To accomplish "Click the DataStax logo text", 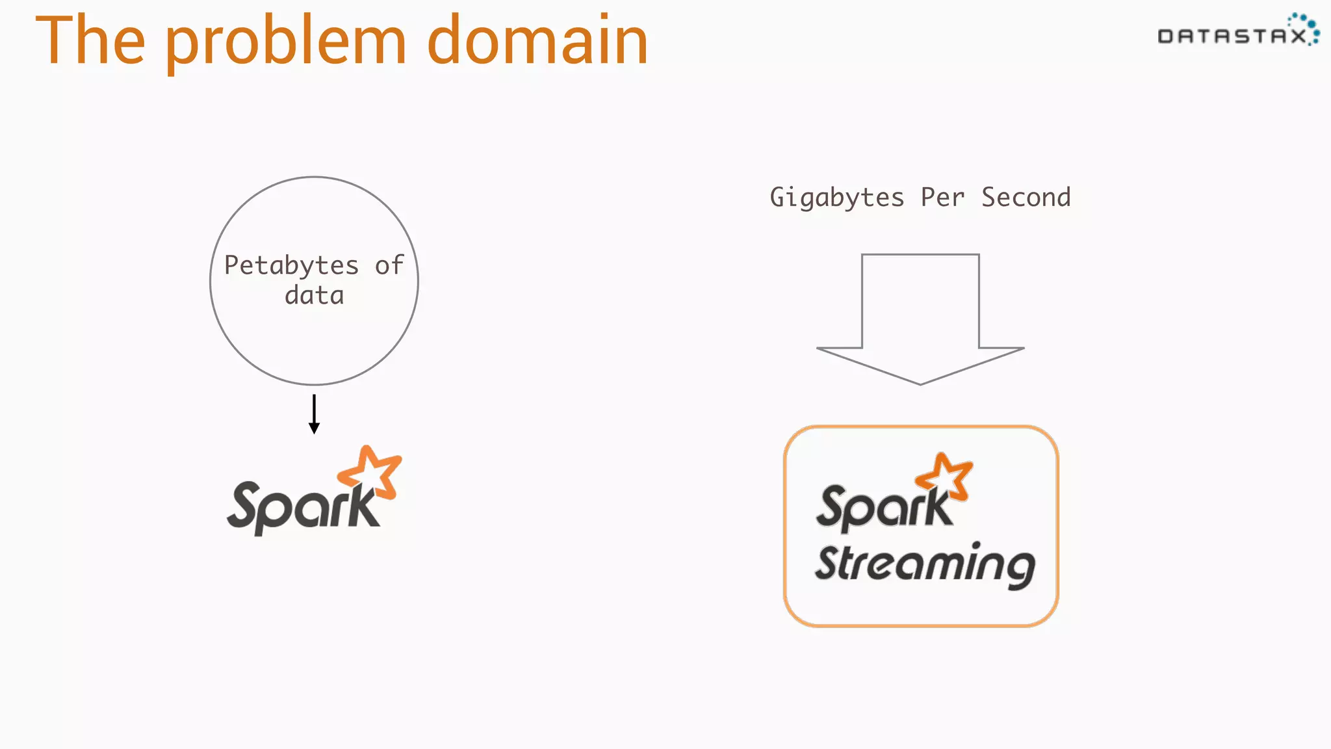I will [x=1232, y=36].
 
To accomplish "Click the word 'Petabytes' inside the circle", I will [x=291, y=265].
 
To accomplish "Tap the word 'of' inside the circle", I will [x=389, y=265].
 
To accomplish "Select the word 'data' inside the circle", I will [x=314, y=296].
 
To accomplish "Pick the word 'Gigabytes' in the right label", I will [x=836, y=198].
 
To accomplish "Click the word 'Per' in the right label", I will [x=942, y=198].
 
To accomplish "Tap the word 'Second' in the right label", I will [x=1026, y=198].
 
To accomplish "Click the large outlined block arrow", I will [x=920, y=312].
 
